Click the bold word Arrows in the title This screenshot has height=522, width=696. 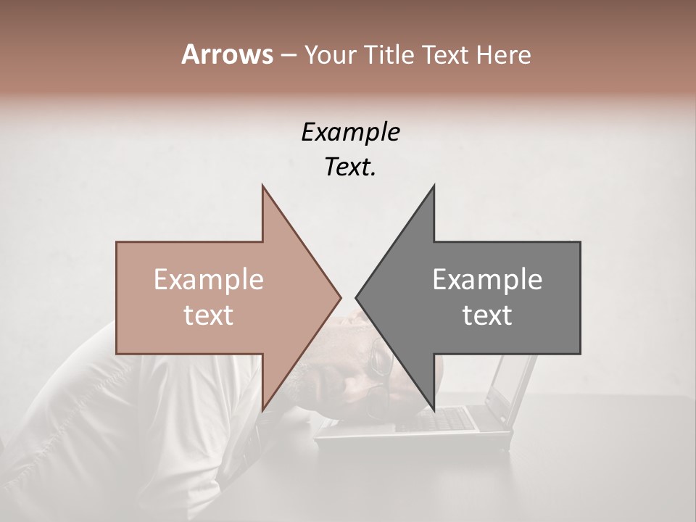click(x=228, y=54)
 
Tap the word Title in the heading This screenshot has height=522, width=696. click(x=389, y=54)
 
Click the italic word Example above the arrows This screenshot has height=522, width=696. click(x=351, y=132)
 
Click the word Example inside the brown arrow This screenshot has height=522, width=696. click(x=209, y=280)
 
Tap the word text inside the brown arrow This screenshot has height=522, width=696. click(x=209, y=315)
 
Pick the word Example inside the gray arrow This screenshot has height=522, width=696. click(x=487, y=280)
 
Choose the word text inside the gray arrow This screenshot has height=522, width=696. click(x=487, y=315)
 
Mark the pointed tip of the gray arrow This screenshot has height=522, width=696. click(x=357, y=297)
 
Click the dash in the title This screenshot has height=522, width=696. click(x=288, y=55)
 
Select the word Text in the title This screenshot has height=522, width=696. click(x=445, y=54)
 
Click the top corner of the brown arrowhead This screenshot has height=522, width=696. click(x=262, y=186)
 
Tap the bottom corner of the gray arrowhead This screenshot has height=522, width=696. click(x=434, y=409)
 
